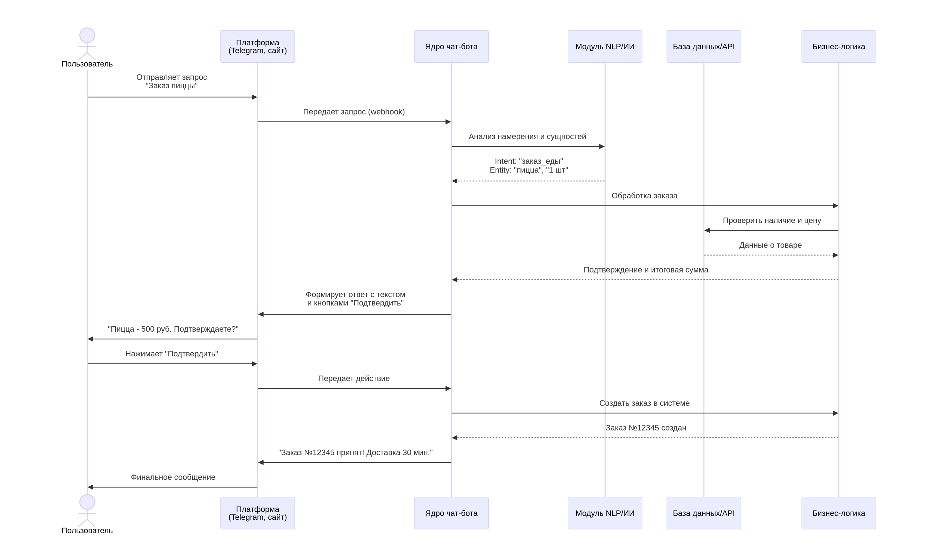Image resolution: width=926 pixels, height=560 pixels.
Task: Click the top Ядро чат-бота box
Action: (451, 47)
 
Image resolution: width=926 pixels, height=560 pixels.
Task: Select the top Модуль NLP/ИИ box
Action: (605, 47)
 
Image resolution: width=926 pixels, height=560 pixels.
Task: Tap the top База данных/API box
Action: (703, 47)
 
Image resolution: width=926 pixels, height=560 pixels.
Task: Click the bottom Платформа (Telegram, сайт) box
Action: (257, 513)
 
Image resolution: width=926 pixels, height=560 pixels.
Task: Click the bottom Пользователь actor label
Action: (87, 530)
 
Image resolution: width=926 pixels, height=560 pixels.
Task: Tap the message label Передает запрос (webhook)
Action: (354, 112)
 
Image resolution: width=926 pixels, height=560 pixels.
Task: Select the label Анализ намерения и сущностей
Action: (527, 137)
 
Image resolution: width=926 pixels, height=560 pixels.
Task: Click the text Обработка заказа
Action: (644, 196)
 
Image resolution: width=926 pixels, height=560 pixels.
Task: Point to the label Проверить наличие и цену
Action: (772, 221)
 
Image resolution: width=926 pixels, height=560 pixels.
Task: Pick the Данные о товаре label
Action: (770, 245)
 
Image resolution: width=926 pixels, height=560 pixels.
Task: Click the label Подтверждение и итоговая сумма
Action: (646, 270)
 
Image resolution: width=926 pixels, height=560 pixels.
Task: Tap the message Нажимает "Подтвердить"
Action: (171, 354)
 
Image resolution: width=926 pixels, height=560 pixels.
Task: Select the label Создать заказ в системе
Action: (644, 403)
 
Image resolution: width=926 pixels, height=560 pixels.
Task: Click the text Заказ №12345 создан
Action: (646, 428)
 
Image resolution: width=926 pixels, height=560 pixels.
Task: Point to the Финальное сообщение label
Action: (173, 477)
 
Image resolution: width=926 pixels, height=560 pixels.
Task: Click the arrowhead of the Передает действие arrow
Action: (448, 388)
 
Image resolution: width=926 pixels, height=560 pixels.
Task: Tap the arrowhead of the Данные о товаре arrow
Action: (836, 255)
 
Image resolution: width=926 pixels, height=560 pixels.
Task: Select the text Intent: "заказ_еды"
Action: (529, 161)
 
